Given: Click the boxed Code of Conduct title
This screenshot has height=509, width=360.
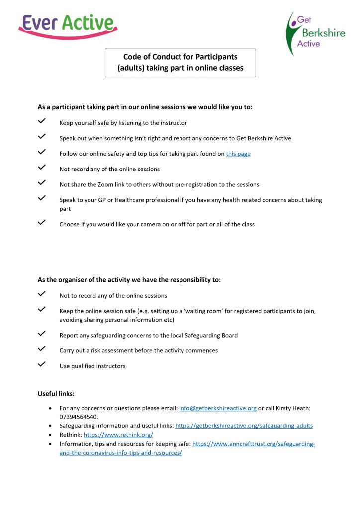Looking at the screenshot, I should pyautogui.click(x=180, y=63).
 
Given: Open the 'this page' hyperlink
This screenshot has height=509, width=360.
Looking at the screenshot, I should pyautogui.click(x=238, y=154).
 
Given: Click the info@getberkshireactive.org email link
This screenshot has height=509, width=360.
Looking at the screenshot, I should pyautogui.click(x=217, y=408).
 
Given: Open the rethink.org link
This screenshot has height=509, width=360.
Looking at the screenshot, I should pyautogui.click(x=118, y=435).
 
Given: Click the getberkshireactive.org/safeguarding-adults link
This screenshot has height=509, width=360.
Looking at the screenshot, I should pyautogui.click(x=244, y=426).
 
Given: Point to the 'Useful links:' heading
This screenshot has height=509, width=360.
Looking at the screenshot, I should pyautogui.click(x=56, y=394).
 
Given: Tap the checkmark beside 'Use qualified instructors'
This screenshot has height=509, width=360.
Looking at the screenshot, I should pyautogui.click(x=42, y=364).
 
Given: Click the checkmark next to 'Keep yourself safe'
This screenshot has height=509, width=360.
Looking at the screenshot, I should pyautogui.click(x=42, y=121).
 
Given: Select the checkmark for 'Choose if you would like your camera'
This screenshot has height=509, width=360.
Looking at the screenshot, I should pyautogui.click(x=42, y=222).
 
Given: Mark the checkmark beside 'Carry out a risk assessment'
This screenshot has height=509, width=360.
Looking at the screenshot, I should pyautogui.click(x=42, y=349).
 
